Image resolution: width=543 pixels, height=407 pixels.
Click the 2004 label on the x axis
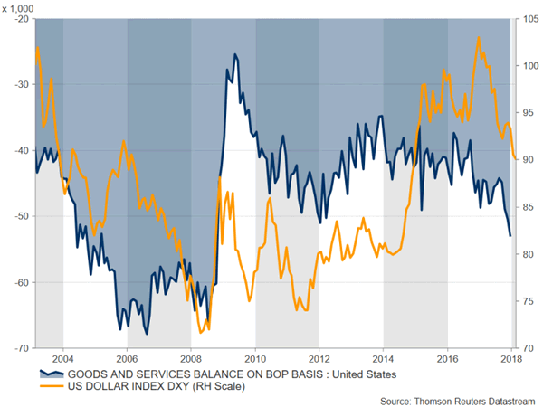(62, 358)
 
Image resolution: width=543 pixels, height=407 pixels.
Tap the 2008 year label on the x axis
(191, 358)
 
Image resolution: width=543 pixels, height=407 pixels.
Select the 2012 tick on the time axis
(319, 358)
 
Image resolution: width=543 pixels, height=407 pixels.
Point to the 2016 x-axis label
(448, 358)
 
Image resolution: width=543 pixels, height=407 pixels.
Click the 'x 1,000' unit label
(20, 7)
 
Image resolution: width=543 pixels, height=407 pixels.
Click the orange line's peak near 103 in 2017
(479, 37)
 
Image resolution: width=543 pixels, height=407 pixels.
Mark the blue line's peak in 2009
(235, 54)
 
